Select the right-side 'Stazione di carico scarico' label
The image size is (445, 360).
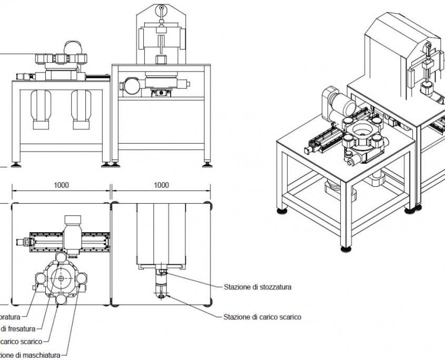tap(262, 317)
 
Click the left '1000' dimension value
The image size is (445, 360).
tap(62, 185)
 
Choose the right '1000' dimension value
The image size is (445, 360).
tap(162, 185)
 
